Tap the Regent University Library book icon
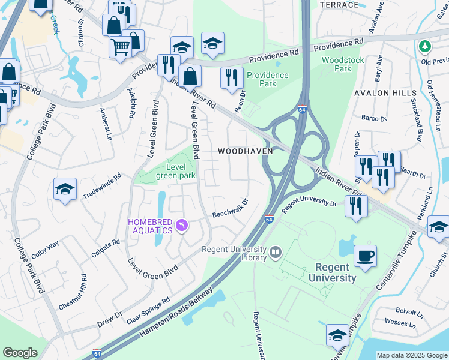[x=276, y=251]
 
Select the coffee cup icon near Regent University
[x=366, y=256]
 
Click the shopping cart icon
[x=121, y=46]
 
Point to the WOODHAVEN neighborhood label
[x=245, y=151]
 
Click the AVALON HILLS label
[x=385, y=94]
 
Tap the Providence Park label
[x=268, y=79]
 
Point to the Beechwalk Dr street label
[x=230, y=209]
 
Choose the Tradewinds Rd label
[x=102, y=187]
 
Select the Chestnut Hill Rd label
[x=73, y=292]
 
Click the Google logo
[x=20, y=353]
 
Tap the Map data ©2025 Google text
[x=411, y=355]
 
